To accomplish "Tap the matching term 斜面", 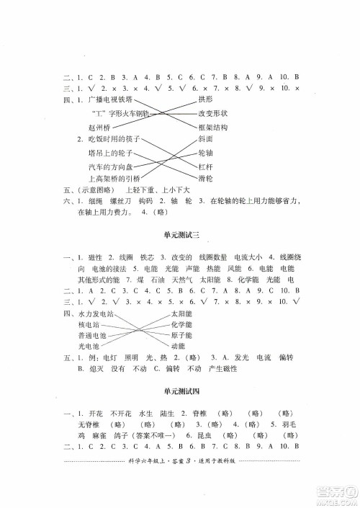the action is [206, 140].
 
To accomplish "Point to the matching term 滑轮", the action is [206, 181].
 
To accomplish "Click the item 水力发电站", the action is [97, 314].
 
